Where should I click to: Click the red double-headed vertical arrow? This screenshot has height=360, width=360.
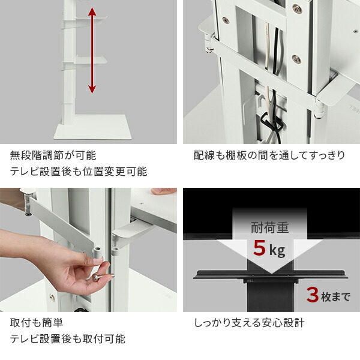tap(91, 50)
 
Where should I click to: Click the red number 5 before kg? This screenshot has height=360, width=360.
tap(259, 247)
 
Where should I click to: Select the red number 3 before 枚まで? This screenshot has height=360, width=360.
tap(313, 294)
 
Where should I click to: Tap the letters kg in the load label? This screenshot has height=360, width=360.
tap(277, 249)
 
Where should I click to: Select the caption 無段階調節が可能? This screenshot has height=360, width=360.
tap(53, 156)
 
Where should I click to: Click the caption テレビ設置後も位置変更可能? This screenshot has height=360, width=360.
tap(78, 172)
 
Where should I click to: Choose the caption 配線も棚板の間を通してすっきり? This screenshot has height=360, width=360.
tap(269, 156)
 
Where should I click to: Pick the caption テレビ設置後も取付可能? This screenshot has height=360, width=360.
tap(68, 339)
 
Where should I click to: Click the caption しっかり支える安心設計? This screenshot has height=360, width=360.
tap(250, 323)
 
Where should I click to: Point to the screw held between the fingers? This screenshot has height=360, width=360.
tap(96, 278)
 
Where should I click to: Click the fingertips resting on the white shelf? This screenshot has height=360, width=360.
tap(163, 191)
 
